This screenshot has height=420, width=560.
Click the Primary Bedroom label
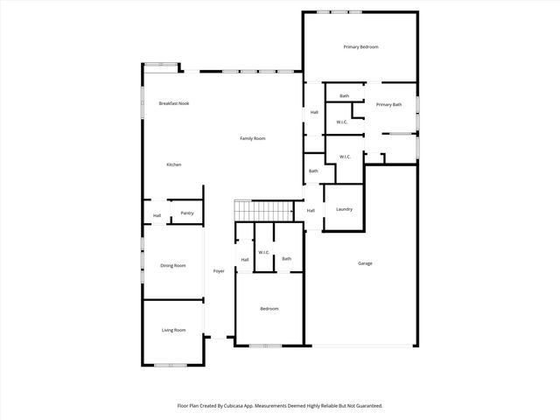coord(360,46)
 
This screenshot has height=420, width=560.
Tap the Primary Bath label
coord(388,105)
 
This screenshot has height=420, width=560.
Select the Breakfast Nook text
coord(173,103)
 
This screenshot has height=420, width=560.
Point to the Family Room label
coord(253,138)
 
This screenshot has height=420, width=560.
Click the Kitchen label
coord(173,164)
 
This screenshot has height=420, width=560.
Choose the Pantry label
coord(186,213)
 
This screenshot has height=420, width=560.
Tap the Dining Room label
coord(172,265)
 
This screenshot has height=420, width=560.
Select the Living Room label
coord(173,330)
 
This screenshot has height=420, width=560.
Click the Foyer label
coord(219,271)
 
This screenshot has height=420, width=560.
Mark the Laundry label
coord(344,209)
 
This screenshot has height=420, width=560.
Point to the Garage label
coord(365,263)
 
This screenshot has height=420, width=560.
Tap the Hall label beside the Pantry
coord(157,215)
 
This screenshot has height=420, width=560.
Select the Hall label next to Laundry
coord(310,210)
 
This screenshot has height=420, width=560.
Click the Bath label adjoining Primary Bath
coord(344,95)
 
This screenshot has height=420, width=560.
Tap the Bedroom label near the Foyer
coord(269,309)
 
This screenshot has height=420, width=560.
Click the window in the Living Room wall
coord(173,365)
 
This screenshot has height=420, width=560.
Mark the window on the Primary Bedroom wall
coord(339,11)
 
